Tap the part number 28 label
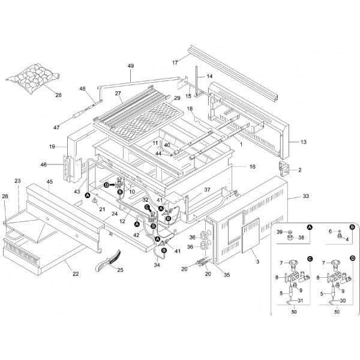(58, 95)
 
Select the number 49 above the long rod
(131, 66)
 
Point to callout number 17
(175, 62)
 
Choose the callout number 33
(307, 196)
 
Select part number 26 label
(5, 196)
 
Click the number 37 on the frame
(208, 190)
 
